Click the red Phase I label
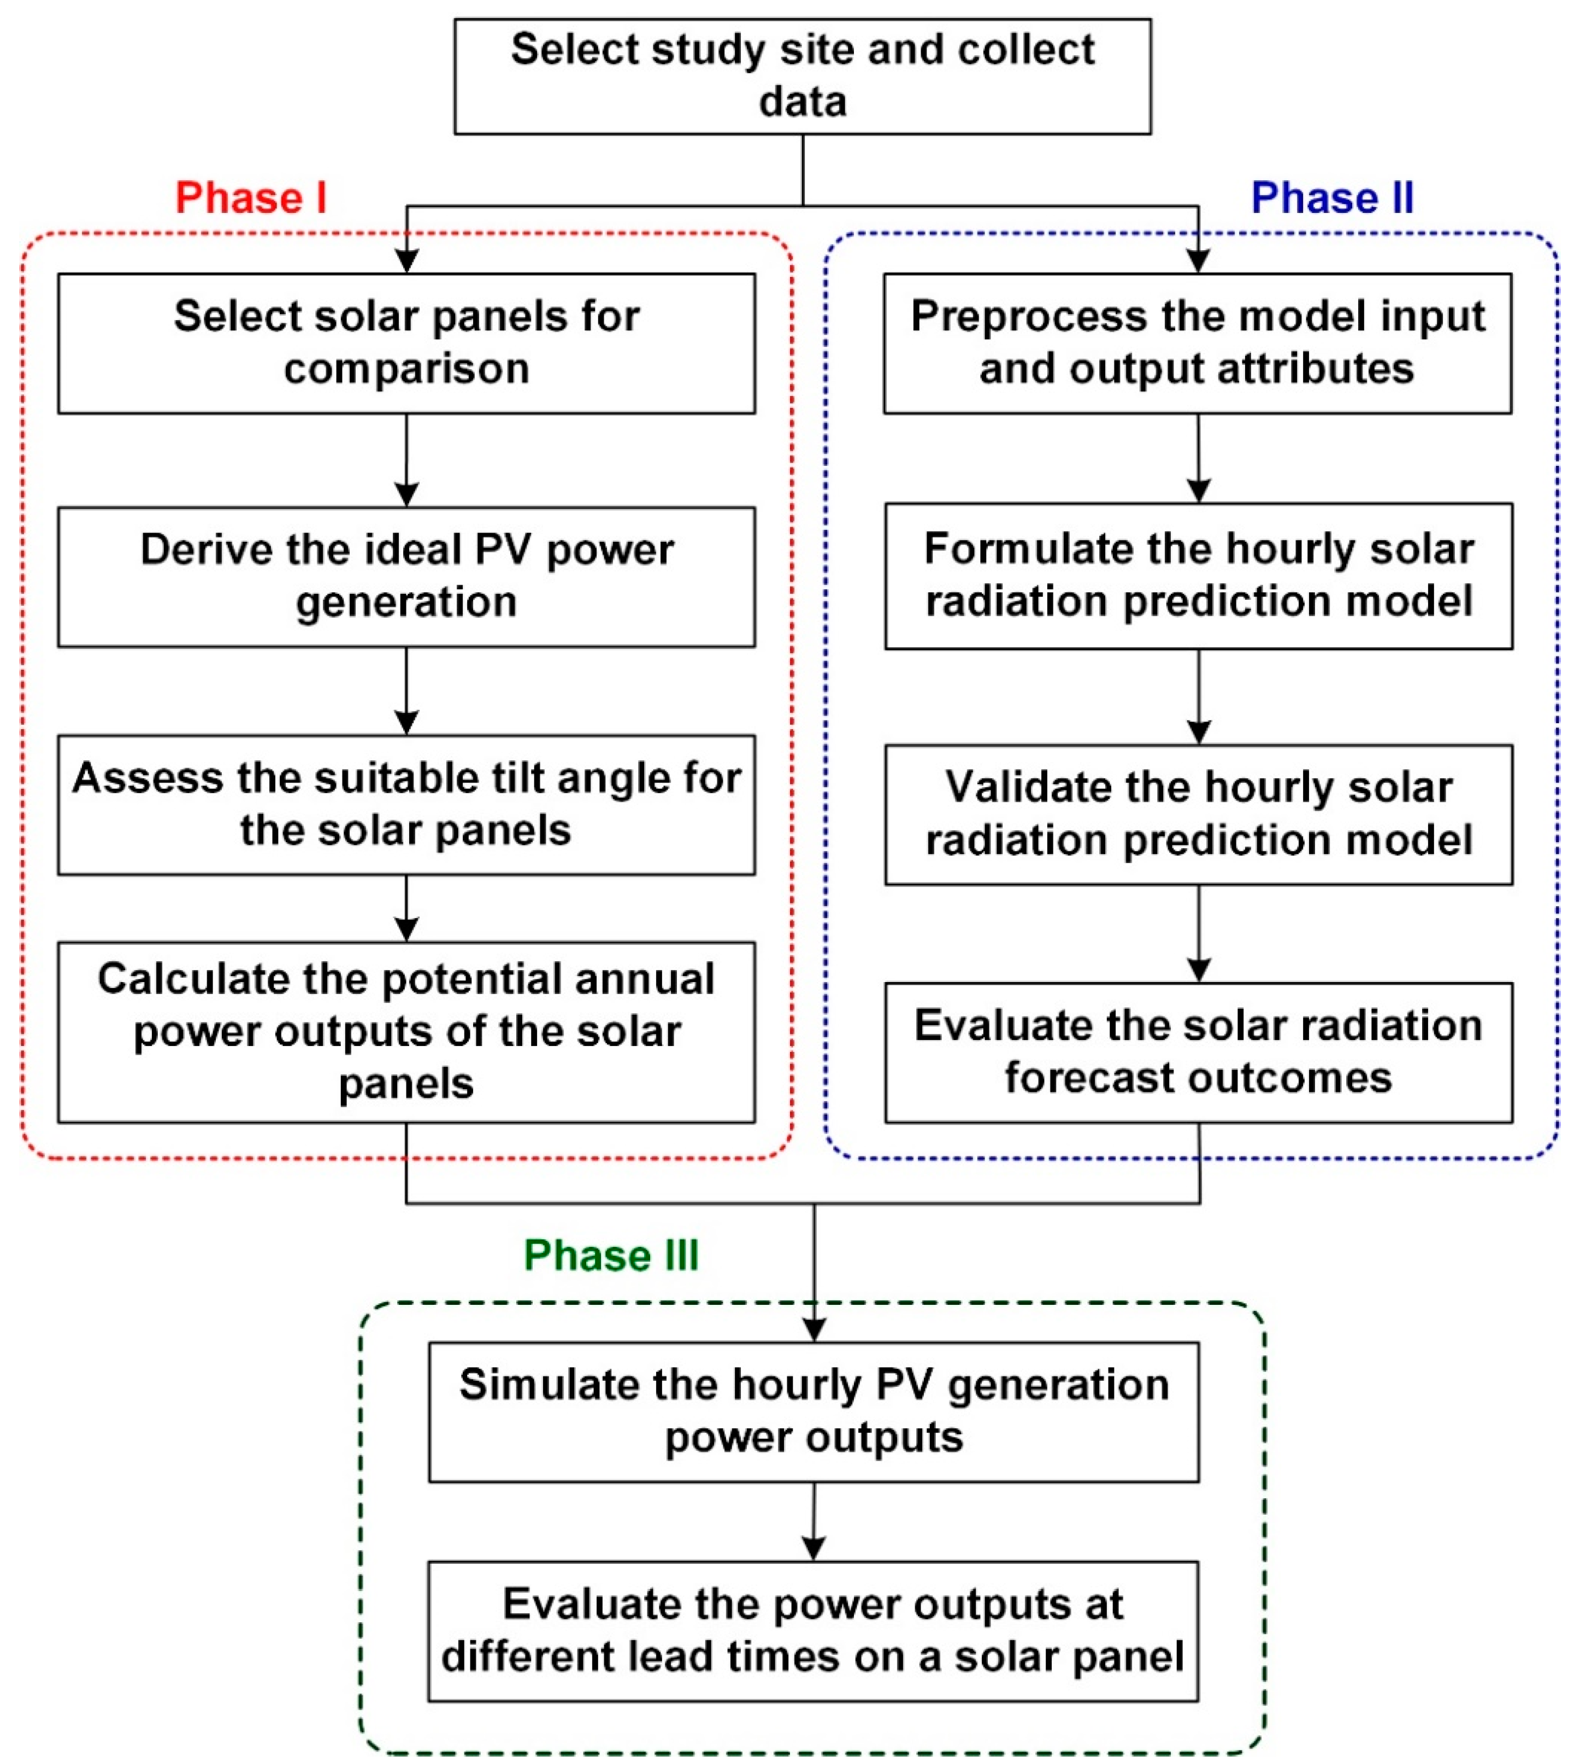point(251,198)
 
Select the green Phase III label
point(611,1255)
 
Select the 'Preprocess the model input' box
point(1197,343)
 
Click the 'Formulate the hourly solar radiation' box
point(1198,576)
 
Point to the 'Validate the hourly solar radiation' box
point(1198,814)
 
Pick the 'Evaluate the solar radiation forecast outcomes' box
point(1198,1052)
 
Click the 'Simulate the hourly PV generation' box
point(813,1412)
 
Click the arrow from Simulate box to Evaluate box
point(813,1522)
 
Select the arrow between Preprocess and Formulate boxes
point(1198,458)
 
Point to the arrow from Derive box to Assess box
point(406,691)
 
